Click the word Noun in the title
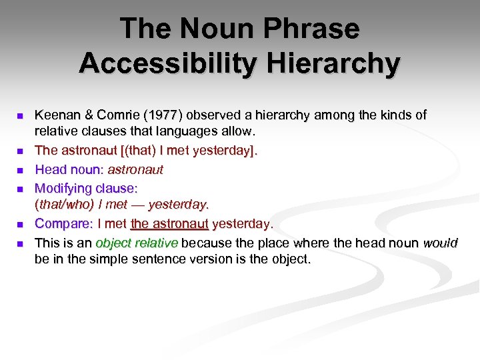point(211,29)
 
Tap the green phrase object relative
point(137,242)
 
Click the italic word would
point(441,242)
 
